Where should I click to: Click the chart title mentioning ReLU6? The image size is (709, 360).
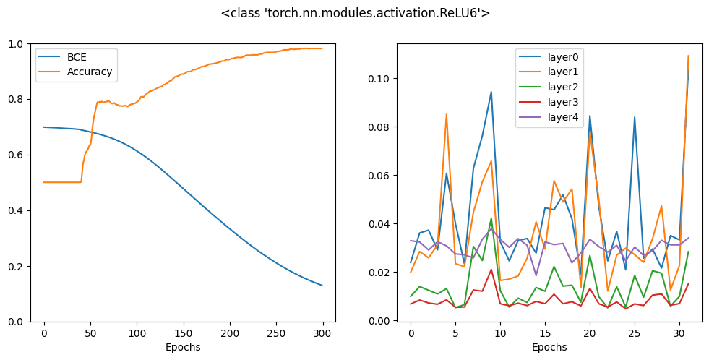click(356, 13)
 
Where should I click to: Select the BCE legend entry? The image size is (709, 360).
click(64, 57)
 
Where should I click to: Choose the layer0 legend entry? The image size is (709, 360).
click(550, 57)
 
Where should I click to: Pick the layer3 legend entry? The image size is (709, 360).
click(550, 102)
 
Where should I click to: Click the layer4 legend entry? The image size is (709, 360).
click(550, 118)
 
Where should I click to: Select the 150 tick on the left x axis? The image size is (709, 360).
click(184, 334)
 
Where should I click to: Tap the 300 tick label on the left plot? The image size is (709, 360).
click(322, 334)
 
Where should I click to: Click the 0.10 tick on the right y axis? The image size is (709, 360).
click(380, 79)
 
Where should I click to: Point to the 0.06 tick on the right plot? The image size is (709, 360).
click(380, 176)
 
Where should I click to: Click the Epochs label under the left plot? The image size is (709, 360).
click(183, 347)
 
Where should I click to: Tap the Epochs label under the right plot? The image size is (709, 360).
click(549, 347)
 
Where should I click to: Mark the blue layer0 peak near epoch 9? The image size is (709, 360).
click(491, 92)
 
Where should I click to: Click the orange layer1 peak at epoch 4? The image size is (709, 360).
click(447, 114)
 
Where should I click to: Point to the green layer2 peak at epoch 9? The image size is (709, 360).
click(491, 218)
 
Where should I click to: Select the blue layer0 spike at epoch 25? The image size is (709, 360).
click(635, 117)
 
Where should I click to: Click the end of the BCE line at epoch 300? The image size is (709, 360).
click(322, 286)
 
